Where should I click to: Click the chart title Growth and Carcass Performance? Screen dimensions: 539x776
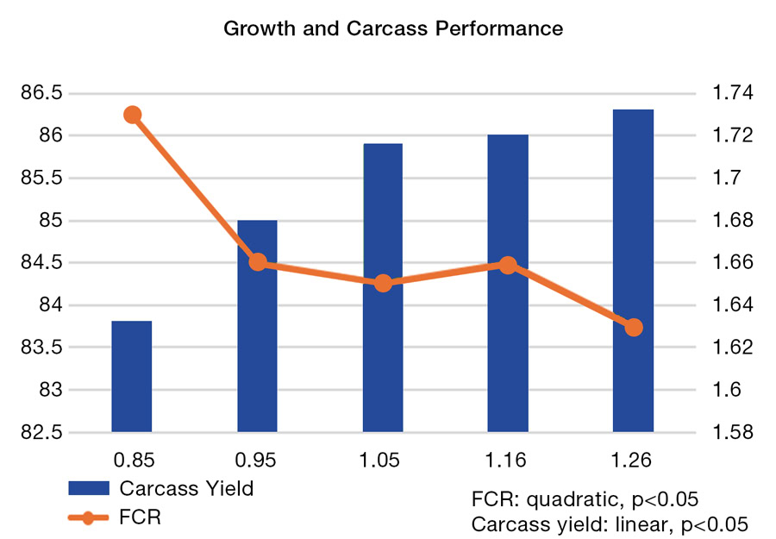393,28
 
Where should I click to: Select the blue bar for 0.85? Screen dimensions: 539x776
132,376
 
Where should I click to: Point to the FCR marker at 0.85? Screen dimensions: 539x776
132,115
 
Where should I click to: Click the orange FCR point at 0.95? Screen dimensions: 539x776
257,262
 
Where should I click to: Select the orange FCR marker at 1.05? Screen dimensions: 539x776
384,283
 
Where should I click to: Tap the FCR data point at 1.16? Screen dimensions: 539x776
508,265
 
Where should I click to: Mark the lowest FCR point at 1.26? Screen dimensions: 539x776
634,327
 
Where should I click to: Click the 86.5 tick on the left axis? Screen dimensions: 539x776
42,93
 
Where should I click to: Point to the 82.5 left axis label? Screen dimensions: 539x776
42,432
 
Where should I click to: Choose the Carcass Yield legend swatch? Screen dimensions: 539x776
90,488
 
